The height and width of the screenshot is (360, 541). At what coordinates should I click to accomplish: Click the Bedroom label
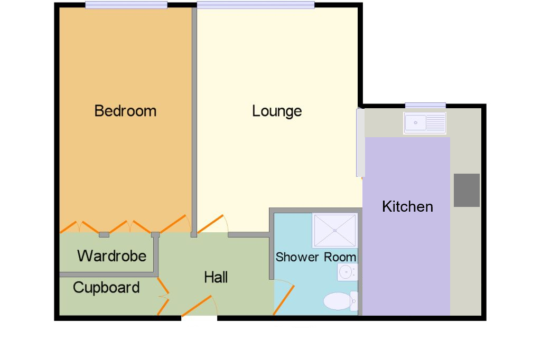pyautogui.click(x=125, y=111)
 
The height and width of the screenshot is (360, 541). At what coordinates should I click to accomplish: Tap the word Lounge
pyautogui.click(x=277, y=111)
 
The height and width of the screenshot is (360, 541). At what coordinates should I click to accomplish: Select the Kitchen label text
pyautogui.click(x=407, y=206)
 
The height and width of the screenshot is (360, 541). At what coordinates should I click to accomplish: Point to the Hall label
pyautogui.click(x=216, y=277)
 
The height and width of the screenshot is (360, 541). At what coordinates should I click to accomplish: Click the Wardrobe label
pyautogui.click(x=112, y=256)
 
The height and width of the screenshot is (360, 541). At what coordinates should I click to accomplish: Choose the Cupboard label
pyautogui.click(x=106, y=288)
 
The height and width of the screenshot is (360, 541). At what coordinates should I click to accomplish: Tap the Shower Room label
pyautogui.click(x=316, y=257)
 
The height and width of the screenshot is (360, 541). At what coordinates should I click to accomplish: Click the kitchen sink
pyautogui.click(x=425, y=123)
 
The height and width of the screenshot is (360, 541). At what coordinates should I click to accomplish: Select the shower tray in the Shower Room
pyautogui.click(x=334, y=230)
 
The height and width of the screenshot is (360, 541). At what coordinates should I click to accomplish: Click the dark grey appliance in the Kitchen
pyautogui.click(x=467, y=191)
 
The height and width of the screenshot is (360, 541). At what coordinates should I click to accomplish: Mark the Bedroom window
pyautogui.click(x=126, y=5)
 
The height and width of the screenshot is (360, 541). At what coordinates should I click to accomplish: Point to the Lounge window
pyautogui.click(x=256, y=5)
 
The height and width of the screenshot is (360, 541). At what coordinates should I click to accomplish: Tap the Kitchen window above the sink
pyautogui.click(x=425, y=105)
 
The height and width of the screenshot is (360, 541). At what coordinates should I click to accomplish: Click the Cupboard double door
pyautogui.click(x=163, y=297)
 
